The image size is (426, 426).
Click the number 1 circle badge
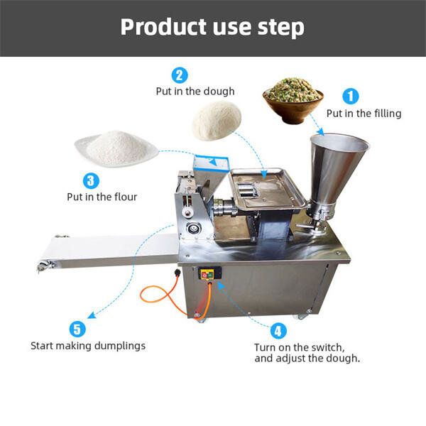(x=351, y=97)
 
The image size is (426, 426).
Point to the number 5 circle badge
(x=78, y=329)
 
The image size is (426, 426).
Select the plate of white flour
(x=115, y=148)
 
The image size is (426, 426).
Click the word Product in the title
(x=156, y=27)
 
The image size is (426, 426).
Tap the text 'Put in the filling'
(x=364, y=113)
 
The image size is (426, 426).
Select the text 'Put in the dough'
(x=195, y=91)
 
